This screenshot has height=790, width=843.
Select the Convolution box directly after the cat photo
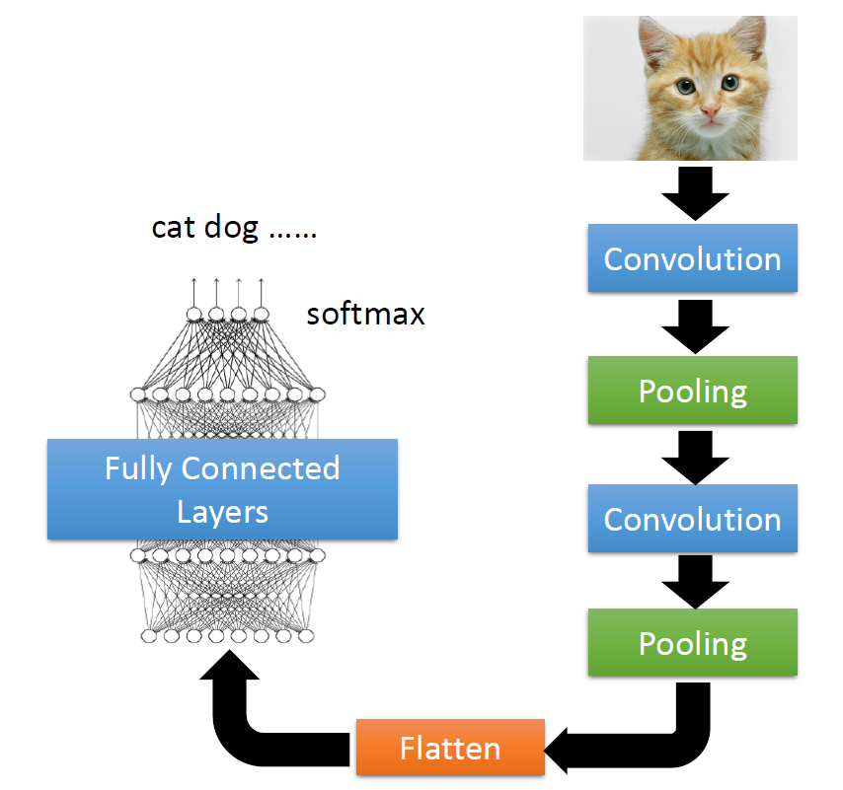(x=692, y=259)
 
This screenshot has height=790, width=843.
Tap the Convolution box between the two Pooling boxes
(x=692, y=520)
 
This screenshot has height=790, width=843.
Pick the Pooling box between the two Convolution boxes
(x=692, y=391)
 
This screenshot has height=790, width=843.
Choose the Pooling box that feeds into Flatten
(x=692, y=643)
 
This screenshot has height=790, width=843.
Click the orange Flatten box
(x=449, y=749)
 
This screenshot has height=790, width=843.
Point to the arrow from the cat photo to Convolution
(x=692, y=193)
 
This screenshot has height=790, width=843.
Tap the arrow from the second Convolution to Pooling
(x=692, y=582)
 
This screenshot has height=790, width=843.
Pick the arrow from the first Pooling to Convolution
(x=692, y=455)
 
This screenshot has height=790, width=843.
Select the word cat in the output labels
(x=172, y=228)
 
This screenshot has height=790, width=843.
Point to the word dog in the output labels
(x=234, y=228)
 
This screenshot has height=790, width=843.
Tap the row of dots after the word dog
(x=293, y=234)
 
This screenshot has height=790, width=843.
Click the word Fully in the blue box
(x=138, y=468)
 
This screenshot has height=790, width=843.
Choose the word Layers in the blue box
(x=222, y=511)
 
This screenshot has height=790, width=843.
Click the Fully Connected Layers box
(x=222, y=489)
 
